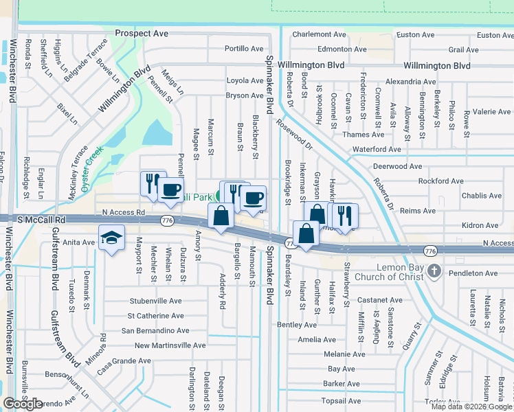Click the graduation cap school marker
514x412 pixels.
pyautogui.click(x=110, y=238)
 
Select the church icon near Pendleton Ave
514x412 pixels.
pyautogui.click(x=433, y=271)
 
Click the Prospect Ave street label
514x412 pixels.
pyautogui.click(x=142, y=33)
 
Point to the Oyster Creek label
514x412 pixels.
pyautogui.click(x=91, y=168)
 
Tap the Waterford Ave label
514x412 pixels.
pyautogui.click(x=377, y=149)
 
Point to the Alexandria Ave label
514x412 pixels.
pyautogui.click(x=411, y=81)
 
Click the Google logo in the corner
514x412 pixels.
pyautogui.click(x=23, y=404)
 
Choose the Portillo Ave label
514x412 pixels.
pyautogui.click(x=245, y=49)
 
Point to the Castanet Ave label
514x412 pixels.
pyautogui.click(x=379, y=300)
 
